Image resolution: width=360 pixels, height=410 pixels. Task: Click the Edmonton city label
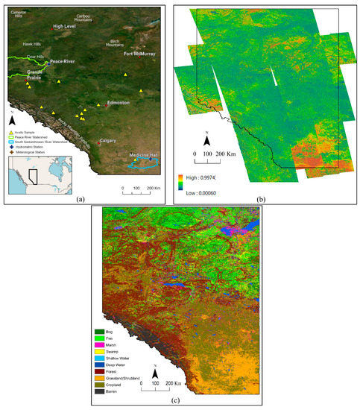[119, 103]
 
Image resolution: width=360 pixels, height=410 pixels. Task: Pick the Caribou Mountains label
[97, 17]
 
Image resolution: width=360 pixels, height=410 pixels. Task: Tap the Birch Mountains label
[115, 43]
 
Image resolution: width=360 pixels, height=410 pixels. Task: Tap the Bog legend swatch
[99, 332]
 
